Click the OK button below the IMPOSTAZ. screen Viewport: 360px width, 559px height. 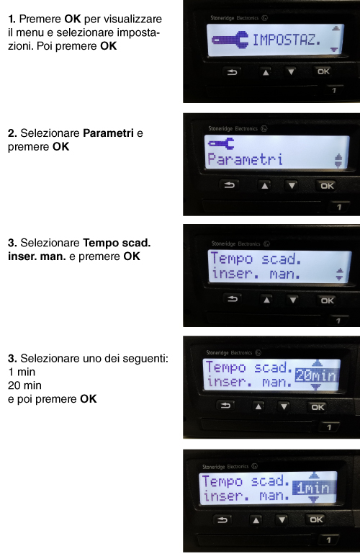click(x=323, y=71)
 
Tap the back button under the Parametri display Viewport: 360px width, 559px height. click(x=229, y=185)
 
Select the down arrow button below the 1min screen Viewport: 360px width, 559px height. click(x=282, y=520)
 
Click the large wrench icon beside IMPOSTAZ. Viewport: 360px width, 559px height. click(x=230, y=40)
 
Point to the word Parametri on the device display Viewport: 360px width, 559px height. click(x=246, y=159)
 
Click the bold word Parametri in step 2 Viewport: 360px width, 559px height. click(x=108, y=133)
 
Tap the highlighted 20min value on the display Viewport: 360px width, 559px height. click(x=316, y=375)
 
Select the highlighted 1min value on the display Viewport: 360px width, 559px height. click(x=313, y=488)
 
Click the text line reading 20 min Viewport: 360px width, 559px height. click(x=24, y=385)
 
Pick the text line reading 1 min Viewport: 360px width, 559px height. click(x=22, y=372)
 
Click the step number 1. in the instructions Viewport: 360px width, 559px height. click(x=12, y=19)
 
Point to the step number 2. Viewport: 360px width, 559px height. click(x=12, y=133)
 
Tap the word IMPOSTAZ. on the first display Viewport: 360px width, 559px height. click(x=287, y=40)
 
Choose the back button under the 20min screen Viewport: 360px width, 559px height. click(x=225, y=406)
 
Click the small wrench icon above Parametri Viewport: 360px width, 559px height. click(x=221, y=143)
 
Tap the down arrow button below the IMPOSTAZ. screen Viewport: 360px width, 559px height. click(x=291, y=71)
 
